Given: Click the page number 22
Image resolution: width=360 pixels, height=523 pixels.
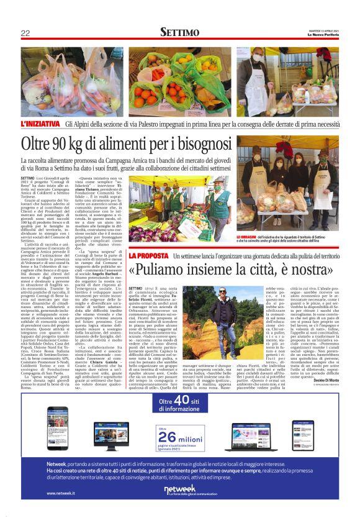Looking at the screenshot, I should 25,33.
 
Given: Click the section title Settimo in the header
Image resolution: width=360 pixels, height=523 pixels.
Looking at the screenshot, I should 180,32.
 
